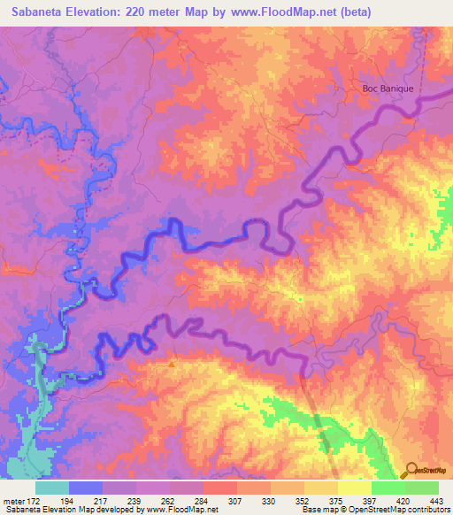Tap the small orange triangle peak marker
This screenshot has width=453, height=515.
coord(172,362)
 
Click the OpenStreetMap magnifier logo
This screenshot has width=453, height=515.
coord(411,471)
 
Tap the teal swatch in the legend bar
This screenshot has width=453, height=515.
coord(52,488)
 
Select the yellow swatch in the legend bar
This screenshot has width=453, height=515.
coord(354,488)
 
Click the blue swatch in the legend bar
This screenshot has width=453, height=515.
coord(86,488)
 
